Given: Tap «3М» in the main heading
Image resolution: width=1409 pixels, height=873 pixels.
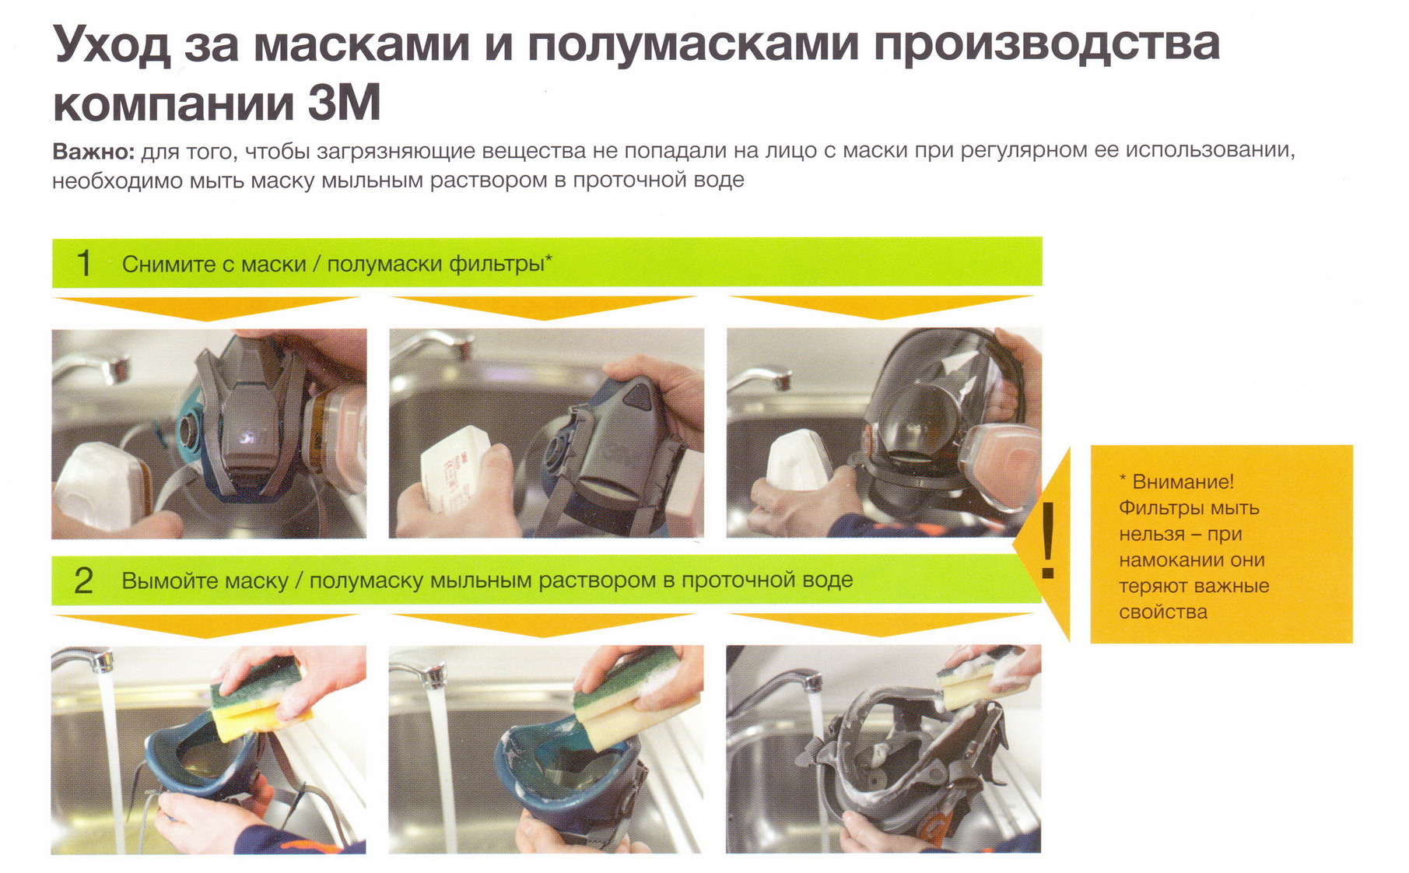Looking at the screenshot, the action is pos(344,103).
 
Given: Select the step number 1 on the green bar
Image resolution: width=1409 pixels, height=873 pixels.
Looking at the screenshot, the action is pos(84,263).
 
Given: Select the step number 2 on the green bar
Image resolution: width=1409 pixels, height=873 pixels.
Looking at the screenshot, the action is pos(83,580).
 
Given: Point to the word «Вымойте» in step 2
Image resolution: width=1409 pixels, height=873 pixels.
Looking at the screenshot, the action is pos(166,580).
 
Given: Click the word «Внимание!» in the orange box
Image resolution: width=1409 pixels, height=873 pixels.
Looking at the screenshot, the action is pos(1183,482).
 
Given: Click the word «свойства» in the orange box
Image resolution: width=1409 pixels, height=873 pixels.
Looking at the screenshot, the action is pos(1163,612).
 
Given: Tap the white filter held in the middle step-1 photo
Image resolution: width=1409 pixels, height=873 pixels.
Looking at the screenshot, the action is pos(456,469).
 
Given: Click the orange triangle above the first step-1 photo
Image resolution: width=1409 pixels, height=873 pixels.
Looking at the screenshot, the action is pos(207,308).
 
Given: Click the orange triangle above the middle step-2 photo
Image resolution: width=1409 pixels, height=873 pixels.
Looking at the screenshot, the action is pos(544,626).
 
